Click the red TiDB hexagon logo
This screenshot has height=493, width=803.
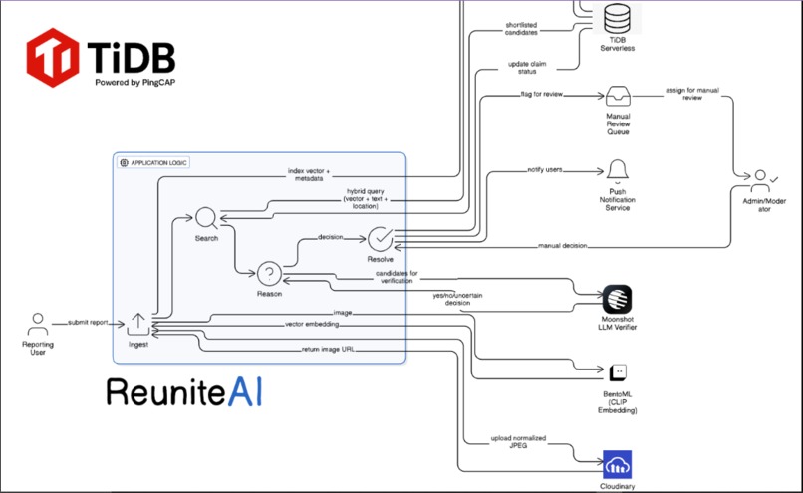tap(52, 57)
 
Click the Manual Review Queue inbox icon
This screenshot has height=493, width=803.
tap(619, 97)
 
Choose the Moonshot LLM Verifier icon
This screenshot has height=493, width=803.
tap(618, 298)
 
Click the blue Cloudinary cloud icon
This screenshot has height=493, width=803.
tap(618, 464)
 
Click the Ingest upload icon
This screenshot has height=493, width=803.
tap(137, 323)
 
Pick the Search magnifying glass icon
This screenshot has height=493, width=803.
tap(206, 218)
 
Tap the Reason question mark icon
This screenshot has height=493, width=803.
tap(269, 273)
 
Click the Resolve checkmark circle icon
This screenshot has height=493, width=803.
tap(381, 239)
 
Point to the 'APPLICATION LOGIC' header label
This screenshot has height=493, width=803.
tap(159, 162)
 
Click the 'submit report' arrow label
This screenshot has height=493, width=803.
tap(89, 322)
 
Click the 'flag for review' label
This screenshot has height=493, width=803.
tap(543, 98)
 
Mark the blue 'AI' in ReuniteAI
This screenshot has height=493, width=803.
tap(242, 391)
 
